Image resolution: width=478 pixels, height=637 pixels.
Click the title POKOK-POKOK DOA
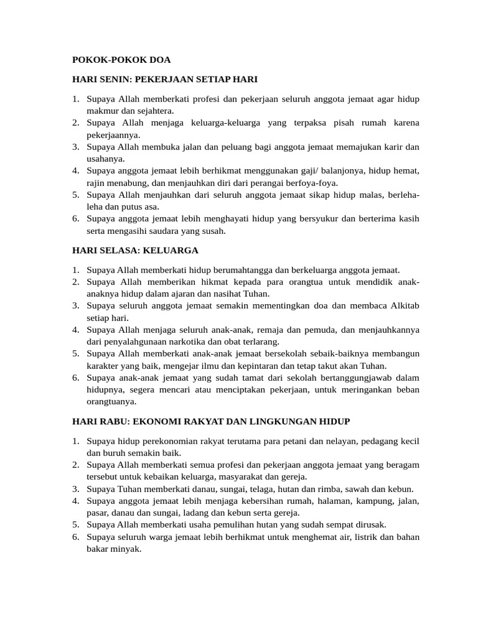(121, 60)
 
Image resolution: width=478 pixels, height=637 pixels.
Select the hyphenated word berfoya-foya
(311, 183)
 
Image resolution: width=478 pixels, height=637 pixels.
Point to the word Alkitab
(404, 305)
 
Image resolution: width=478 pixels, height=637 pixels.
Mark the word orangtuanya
(111, 401)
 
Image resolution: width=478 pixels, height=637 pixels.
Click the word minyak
(126, 549)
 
